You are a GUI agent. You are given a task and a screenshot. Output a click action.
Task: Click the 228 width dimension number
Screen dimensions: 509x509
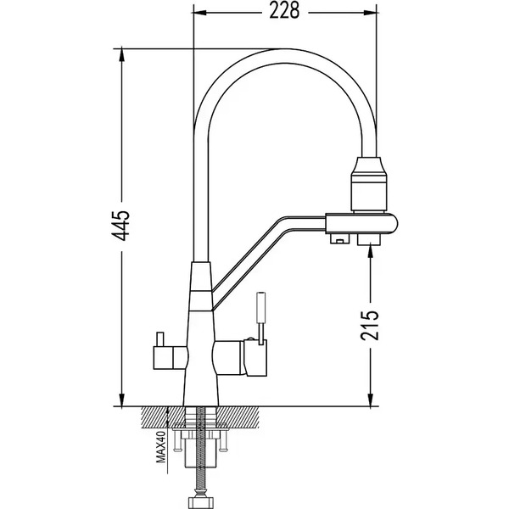(284, 11)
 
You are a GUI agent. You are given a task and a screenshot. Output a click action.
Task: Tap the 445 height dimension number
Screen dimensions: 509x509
(120, 226)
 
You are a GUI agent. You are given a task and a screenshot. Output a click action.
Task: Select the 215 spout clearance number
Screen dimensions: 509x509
(370, 325)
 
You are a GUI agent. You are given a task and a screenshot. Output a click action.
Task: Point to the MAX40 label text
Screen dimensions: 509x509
(161, 446)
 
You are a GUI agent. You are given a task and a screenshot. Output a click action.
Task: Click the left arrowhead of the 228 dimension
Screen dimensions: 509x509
(199, 13)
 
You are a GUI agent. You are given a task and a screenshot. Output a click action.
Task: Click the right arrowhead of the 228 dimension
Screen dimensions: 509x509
(371, 13)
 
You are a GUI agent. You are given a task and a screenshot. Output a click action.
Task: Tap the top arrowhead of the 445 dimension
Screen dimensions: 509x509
(121, 55)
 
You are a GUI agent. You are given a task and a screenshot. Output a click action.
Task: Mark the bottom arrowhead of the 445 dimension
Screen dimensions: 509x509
(121, 400)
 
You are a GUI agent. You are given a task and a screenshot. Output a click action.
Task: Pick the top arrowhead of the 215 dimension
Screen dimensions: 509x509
(370, 252)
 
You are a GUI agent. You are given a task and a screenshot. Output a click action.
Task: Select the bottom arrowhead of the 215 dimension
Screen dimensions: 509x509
(370, 400)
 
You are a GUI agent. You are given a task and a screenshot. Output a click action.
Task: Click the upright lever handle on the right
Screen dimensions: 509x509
(261, 318)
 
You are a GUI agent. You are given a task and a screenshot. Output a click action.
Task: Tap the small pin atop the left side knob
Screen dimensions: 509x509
(159, 338)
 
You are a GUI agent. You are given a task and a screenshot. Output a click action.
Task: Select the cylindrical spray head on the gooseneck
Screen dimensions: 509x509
(369, 184)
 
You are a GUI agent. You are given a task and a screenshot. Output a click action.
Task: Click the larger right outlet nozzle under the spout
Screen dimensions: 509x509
(369, 239)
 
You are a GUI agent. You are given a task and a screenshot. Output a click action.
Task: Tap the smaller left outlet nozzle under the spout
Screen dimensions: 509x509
(339, 239)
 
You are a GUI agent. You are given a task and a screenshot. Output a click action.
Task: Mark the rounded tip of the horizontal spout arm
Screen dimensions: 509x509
(394, 223)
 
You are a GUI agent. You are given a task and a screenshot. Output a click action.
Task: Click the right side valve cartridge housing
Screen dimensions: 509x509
(240, 358)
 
